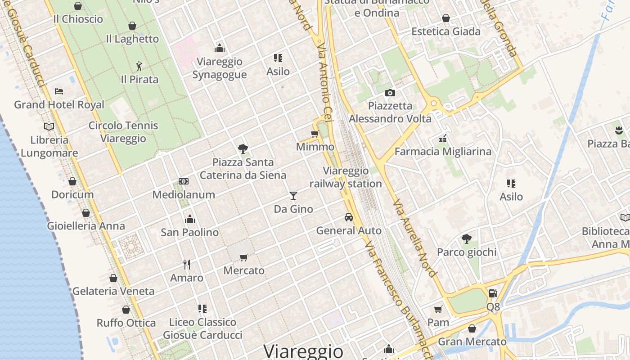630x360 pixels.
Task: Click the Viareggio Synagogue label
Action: click(220, 68)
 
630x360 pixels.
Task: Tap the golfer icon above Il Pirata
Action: click(139, 67)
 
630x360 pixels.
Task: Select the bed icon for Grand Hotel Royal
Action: click(59, 91)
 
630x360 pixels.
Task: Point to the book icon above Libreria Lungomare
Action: click(49, 126)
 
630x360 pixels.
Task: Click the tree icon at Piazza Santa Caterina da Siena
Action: click(243, 148)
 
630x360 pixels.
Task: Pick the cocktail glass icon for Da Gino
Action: click(293, 195)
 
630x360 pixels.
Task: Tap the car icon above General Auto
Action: click(348, 217)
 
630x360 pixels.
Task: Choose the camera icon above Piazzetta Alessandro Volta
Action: click(390, 93)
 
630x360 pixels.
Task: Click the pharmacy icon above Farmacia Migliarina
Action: click(443, 138)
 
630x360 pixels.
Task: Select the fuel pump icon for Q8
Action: click(493, 293)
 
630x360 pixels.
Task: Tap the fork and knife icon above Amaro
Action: click(187, 264)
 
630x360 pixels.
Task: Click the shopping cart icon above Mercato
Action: click(244, 257)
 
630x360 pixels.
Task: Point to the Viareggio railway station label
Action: click(346, 177)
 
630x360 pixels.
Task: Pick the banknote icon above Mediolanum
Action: click(184, 181)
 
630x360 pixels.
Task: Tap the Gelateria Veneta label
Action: click(113, 291)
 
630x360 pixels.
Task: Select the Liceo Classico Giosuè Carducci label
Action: click(202, 328)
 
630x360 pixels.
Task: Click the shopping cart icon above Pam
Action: click(438, 309)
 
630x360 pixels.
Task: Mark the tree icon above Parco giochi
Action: click(467, 238)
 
